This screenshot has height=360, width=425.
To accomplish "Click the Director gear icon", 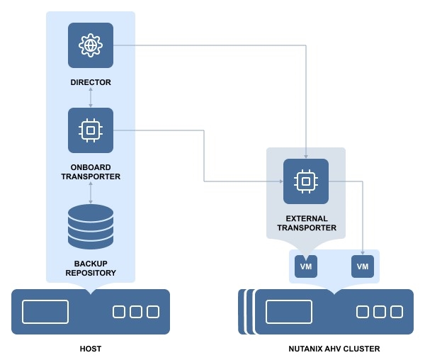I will [x=91, y=45].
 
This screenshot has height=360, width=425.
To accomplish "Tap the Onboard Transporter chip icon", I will [x=91, y=130].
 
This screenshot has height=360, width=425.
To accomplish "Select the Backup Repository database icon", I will [x=91, y=226].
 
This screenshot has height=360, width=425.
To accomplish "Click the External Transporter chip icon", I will [x=306, y=181].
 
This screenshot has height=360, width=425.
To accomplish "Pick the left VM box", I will [x=306, y=266].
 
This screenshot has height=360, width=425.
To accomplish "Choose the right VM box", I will [x=363, y=266].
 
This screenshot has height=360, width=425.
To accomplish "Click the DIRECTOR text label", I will [x=91, y=82].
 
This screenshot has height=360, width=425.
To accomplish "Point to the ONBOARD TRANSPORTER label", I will [x=91, y=172].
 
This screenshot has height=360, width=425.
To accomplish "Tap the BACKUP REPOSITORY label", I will [x=91, y=268].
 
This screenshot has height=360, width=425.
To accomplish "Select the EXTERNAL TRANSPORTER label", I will [x=306, y=223].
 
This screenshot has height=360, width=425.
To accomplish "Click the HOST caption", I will [x=91, y=349].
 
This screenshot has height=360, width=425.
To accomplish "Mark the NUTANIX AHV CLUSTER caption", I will [x=334, y=349].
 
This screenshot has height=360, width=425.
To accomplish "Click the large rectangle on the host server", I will [x=45, y=312].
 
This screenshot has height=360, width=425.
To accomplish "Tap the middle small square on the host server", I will [x=136, y=312].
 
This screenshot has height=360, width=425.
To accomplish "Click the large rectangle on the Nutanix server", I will [x=289, y=312].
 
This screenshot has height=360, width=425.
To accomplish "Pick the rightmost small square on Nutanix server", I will [x=397, y=312].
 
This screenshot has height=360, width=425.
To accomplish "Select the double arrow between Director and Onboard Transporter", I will [x=91, y=98].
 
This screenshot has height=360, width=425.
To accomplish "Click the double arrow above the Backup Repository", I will [x=91, y=192].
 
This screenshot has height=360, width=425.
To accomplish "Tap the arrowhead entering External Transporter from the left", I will [x=280, y=181].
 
